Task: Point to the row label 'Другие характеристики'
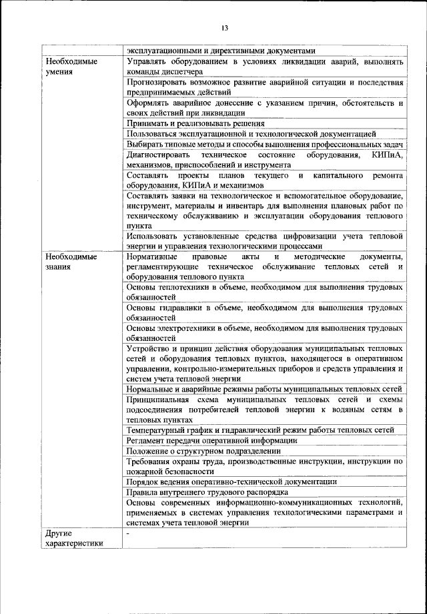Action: pyautogui.click(x=73, y=538)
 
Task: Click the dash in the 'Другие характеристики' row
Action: pyautogui.click(x=127, y=533)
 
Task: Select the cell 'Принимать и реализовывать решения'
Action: pyautogui.click(x=195, y=123)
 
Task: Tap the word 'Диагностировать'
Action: pyautogui.click(x=159, y=154)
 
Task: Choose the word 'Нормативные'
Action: pyautogui.click(x=151, y=256)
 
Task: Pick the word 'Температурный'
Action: pyautogui.click(x=158, y=430)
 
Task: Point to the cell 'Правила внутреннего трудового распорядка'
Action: pyautogui.click(x=207, y=492)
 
